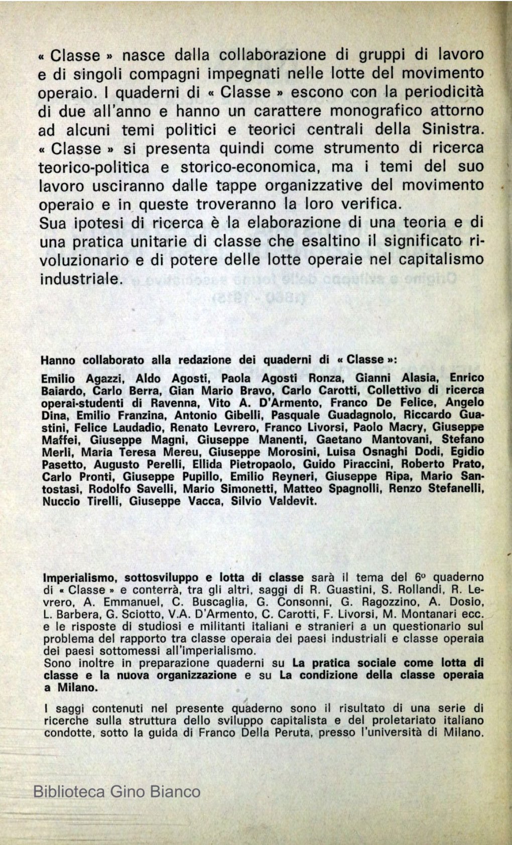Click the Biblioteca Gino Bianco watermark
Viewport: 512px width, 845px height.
click(x=117, y=792)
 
